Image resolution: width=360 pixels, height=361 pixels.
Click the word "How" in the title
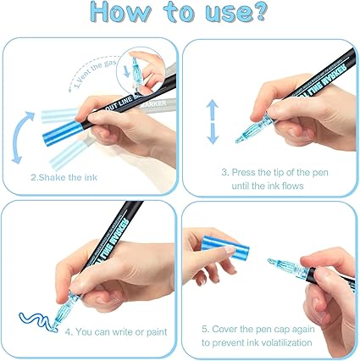point(121,12)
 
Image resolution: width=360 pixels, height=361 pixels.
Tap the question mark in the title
point(257,12)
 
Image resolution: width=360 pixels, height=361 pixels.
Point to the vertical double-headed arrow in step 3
point(213,122)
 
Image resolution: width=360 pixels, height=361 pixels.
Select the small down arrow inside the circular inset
point(126,71)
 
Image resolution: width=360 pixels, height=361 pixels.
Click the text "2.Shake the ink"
point(64,177)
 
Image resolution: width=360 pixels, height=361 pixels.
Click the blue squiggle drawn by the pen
point(36,321)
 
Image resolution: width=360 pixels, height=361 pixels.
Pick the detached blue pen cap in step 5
point(225,247)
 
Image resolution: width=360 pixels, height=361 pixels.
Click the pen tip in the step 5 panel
point(271,261)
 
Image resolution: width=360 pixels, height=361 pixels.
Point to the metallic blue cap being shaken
point(62,133)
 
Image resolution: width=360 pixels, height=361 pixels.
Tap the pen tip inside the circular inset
point(135,61)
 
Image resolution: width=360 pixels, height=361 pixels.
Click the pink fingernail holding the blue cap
point(230,250)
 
